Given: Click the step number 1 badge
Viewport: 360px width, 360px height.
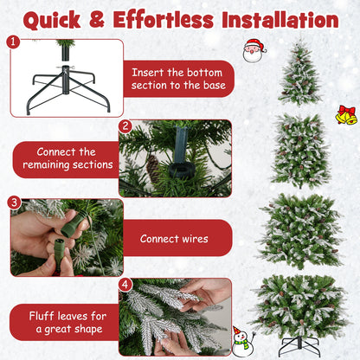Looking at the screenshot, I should click(12, 41).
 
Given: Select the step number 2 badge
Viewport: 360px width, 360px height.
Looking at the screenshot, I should click(125, 125).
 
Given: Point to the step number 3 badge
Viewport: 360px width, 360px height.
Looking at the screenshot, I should click(13, 202).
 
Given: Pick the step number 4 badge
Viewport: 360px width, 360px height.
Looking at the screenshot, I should click(125, 284).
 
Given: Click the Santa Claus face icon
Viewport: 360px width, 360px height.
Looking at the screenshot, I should click(254, 50).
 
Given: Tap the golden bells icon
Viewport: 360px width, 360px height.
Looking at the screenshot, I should click(346, 114).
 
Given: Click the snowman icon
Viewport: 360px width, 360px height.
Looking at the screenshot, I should click(243, 340).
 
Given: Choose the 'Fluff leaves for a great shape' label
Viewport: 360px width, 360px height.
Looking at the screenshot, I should click(67, 321).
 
